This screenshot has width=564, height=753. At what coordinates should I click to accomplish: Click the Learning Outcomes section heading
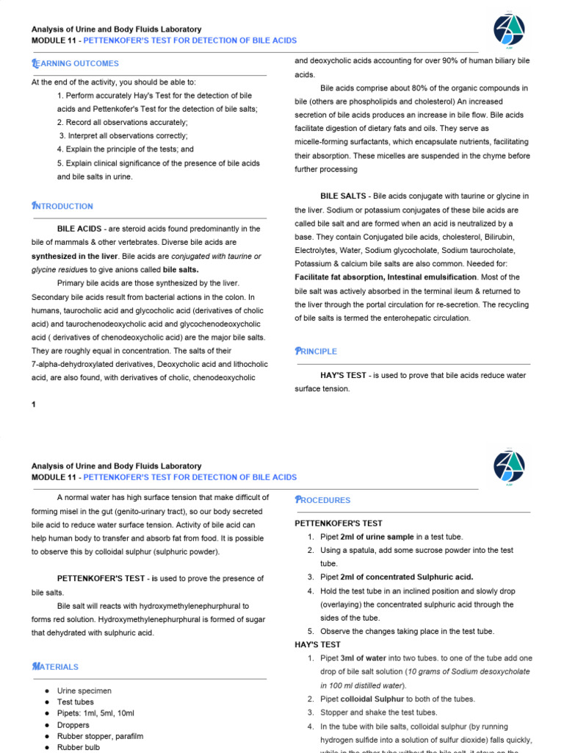(75, 64)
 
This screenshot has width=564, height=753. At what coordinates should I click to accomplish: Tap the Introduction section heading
(62, 206)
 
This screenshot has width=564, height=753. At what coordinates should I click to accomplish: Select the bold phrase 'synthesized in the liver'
(75, 256)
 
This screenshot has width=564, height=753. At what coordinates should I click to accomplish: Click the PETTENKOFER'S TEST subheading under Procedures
(339, 524)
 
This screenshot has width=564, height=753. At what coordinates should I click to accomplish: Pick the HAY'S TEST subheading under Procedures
(318, 644)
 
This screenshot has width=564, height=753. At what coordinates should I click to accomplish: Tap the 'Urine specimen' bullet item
(84, 690)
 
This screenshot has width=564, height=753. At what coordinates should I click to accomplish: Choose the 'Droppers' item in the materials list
(73, 725)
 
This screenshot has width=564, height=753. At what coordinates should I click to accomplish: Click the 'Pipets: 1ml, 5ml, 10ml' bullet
(95, 713)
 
